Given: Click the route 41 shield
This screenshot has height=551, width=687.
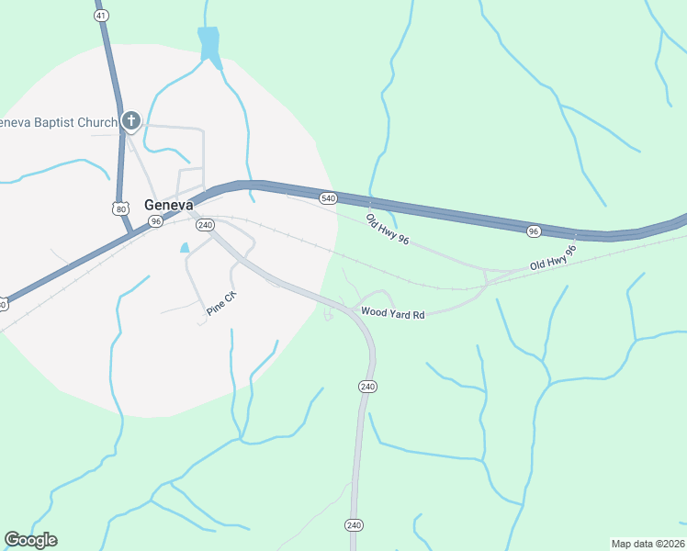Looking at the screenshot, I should click(101, 16).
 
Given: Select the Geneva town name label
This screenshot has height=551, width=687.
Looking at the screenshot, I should click(168, 205).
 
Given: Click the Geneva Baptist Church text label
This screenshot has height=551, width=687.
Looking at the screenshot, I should click(59, 122).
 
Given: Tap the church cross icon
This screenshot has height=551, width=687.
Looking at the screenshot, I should click(130, 121).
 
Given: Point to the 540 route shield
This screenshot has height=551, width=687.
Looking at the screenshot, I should click(328, 198).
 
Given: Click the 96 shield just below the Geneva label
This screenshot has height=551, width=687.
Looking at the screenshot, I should click(156, 221).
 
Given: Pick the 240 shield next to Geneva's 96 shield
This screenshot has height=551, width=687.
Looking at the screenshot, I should click(205, 225).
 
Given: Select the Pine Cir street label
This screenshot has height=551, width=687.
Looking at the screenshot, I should click(220, 304).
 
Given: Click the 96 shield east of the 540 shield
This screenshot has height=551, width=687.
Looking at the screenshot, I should click(534, 231).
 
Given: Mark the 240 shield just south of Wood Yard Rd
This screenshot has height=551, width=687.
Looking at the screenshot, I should click(367, 387).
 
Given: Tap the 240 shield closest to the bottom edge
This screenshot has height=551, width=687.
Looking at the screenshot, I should click(355, 524).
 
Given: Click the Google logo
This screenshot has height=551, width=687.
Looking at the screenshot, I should click(30, 540).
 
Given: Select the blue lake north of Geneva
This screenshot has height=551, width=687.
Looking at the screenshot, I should click(209, 44).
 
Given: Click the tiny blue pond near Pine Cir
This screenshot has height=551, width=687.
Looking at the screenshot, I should click(185, 248).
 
